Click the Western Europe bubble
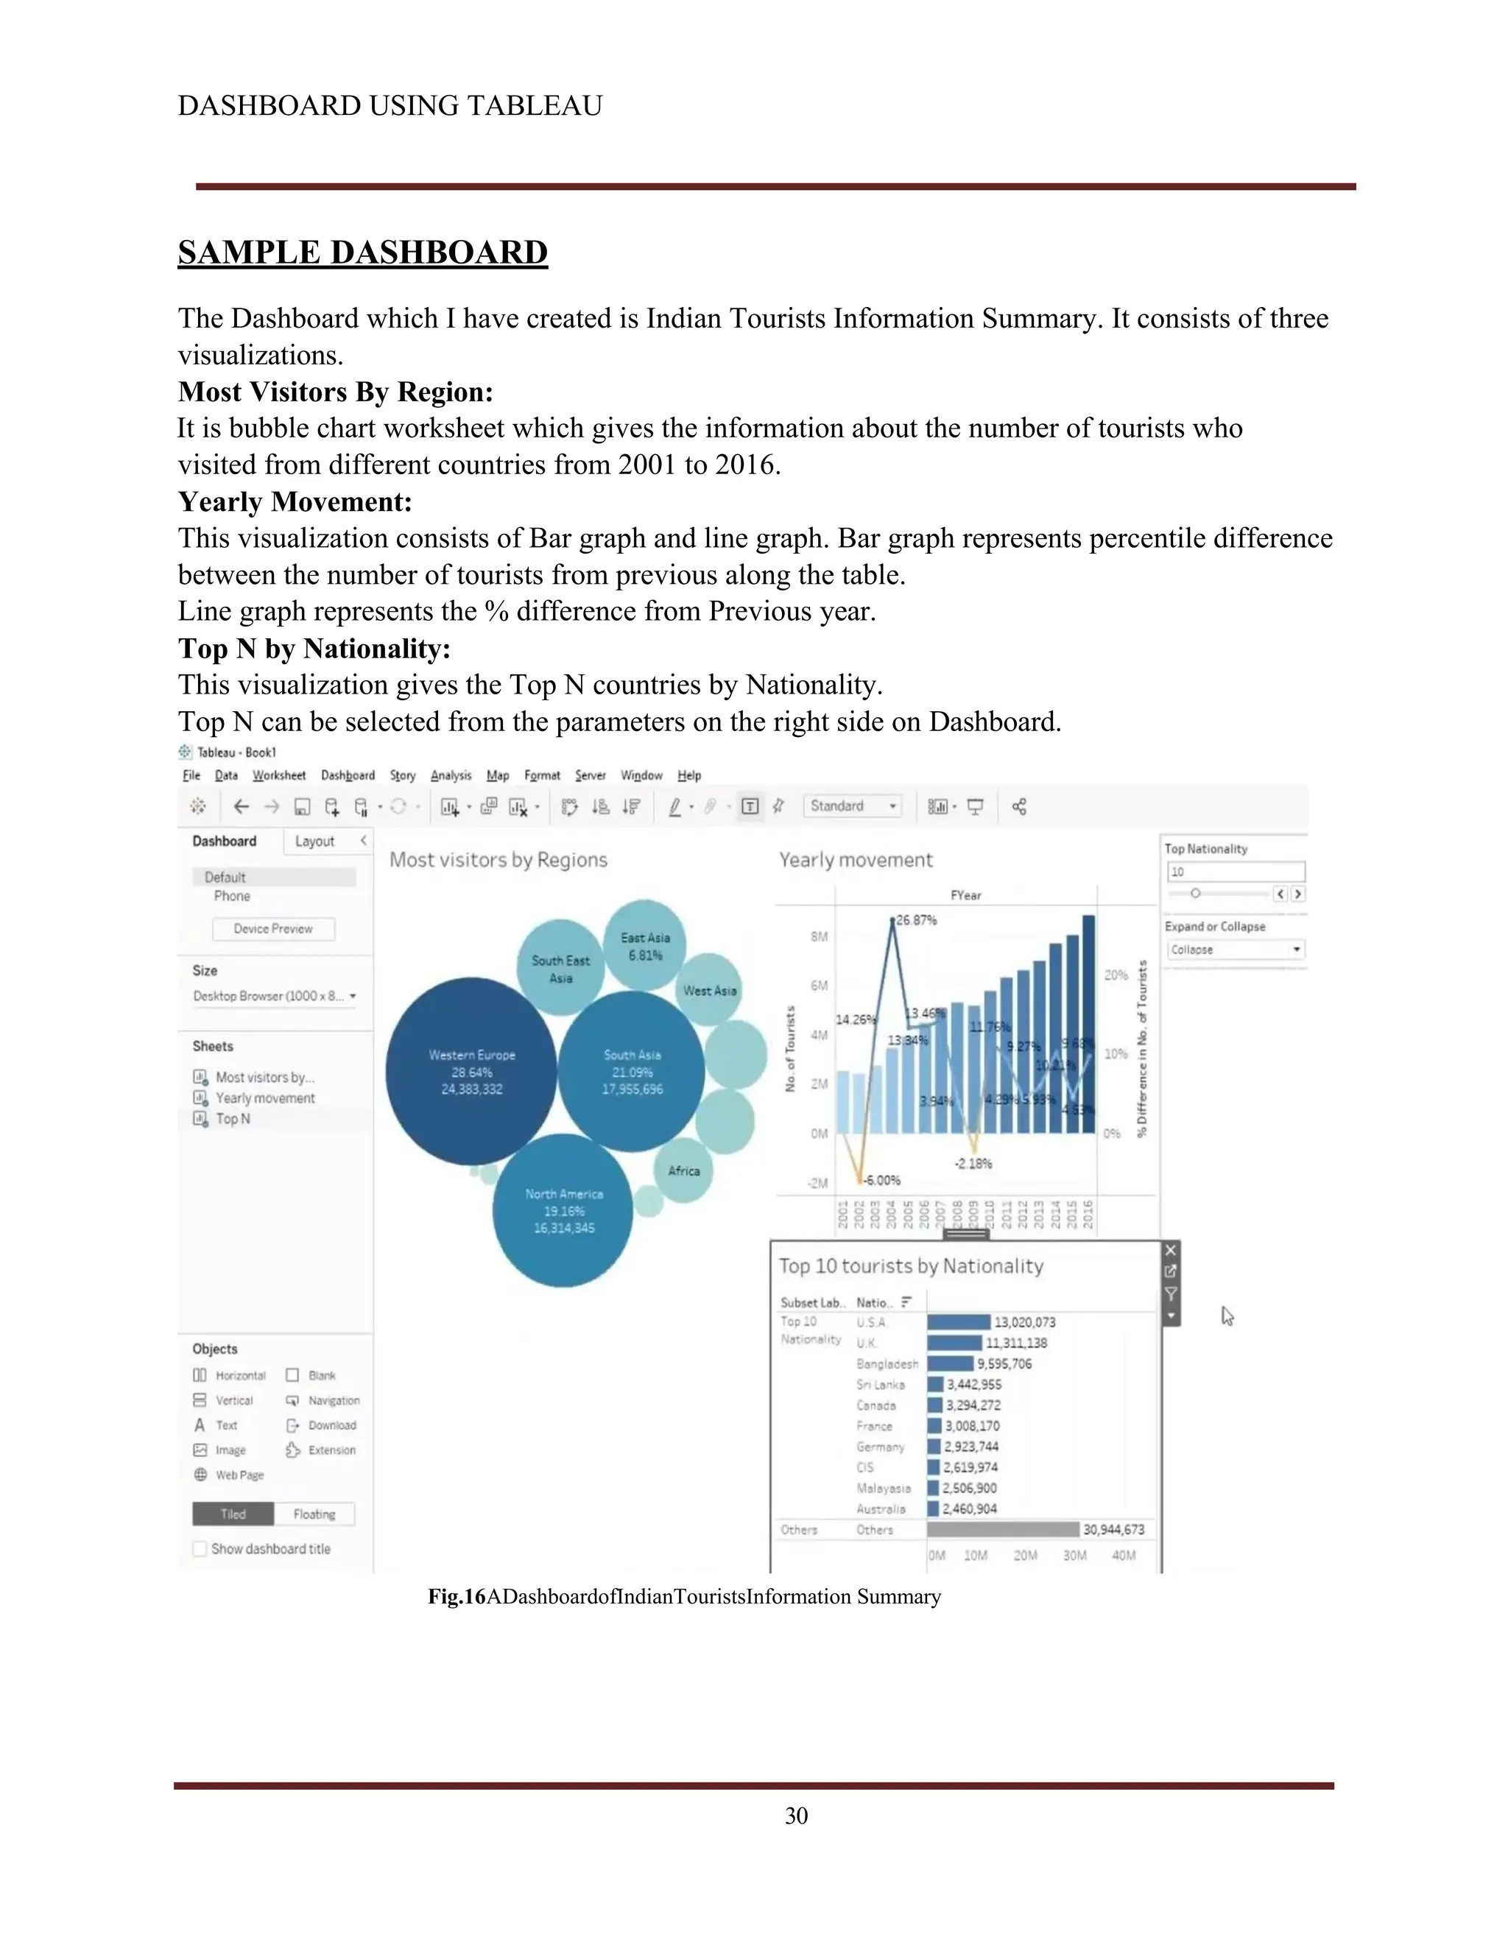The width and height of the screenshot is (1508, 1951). [471, 1071]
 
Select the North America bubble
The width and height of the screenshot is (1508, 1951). [563, 1210]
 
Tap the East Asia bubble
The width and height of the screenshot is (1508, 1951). [645, 945]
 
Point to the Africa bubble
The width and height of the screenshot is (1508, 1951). [683, 1171]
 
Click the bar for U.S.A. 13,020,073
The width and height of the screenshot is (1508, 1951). [959, 1322]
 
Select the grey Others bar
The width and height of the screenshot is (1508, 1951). [1002, 1529]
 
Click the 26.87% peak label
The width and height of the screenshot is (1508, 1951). [916, 920]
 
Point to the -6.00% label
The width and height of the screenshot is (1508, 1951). [883, 1180]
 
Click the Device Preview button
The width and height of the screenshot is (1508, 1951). [273, 929]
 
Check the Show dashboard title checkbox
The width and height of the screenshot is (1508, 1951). [201, 1549]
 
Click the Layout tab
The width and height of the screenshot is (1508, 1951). [314, 842]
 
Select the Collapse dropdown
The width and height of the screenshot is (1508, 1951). [1235, 950]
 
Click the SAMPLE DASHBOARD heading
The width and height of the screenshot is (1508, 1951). [363, 253]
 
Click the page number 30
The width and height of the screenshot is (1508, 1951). [796, 1816]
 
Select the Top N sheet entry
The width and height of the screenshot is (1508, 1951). [233, 1118]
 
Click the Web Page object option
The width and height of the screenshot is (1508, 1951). [239, 1475]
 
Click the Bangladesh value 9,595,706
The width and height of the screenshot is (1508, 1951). [1004, 1364]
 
